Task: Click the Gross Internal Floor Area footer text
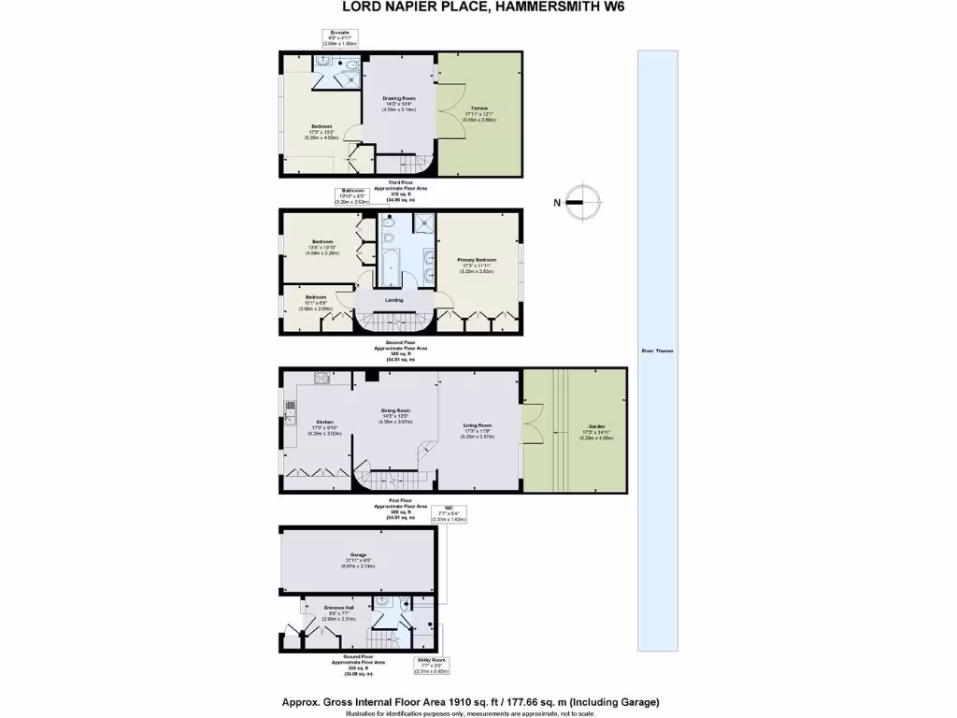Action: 472,701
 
